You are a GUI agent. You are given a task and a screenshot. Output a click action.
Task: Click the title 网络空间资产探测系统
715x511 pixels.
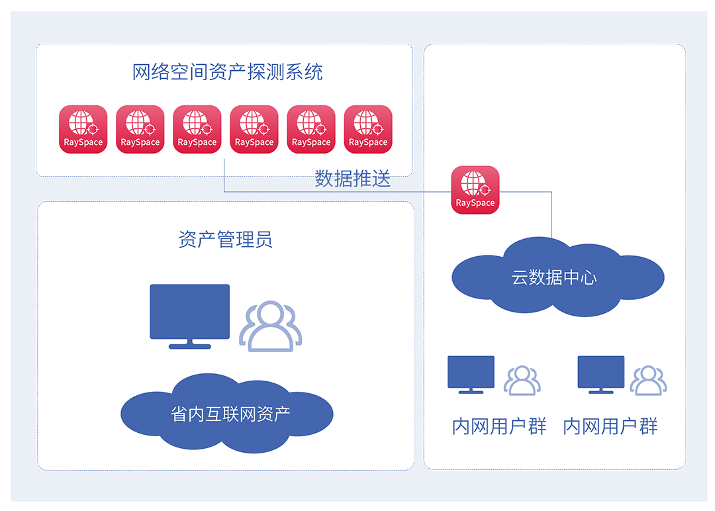(x=227, y=72)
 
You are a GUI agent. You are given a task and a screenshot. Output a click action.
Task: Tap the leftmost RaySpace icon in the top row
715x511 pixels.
(x=83, y=129)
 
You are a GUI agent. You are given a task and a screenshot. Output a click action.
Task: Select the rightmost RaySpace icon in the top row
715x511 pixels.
(x=368, y=129)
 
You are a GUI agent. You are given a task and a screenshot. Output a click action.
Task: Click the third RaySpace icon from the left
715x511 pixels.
(x=197, y=129)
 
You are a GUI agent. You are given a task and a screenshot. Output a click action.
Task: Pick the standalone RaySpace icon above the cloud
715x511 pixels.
(x=475, y=190)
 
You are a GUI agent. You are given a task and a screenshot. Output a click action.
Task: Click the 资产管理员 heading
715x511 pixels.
(x=225, y=239)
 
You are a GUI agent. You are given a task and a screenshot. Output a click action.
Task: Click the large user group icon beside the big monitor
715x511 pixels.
(x=270, y=326)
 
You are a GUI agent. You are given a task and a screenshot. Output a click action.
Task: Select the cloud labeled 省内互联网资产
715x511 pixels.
(x=227, y=414)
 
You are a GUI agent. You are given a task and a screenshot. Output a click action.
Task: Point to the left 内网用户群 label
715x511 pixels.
(x=499, y=427)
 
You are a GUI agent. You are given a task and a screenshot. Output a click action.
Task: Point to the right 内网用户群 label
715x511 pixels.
(x=610, y=427)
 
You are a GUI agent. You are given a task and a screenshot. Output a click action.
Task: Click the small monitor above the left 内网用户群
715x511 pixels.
(x=471, y=372)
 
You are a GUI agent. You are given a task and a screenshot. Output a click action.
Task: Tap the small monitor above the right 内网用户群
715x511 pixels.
(x=600, y=372)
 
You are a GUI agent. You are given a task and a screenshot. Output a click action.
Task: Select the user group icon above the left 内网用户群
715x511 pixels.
(x=522, y=380)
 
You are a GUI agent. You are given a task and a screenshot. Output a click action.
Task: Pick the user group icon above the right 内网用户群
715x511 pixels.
(x=648, y=380)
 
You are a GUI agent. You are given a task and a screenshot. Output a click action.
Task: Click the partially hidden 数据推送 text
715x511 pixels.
(x=352, y=173)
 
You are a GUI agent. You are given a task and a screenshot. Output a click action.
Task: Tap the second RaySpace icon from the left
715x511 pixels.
(x=140, y=129)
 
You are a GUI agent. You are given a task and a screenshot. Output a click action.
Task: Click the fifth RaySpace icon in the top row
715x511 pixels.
(x=311, y=129)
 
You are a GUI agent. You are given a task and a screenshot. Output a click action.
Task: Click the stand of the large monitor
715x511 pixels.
(x=189, y=344)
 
